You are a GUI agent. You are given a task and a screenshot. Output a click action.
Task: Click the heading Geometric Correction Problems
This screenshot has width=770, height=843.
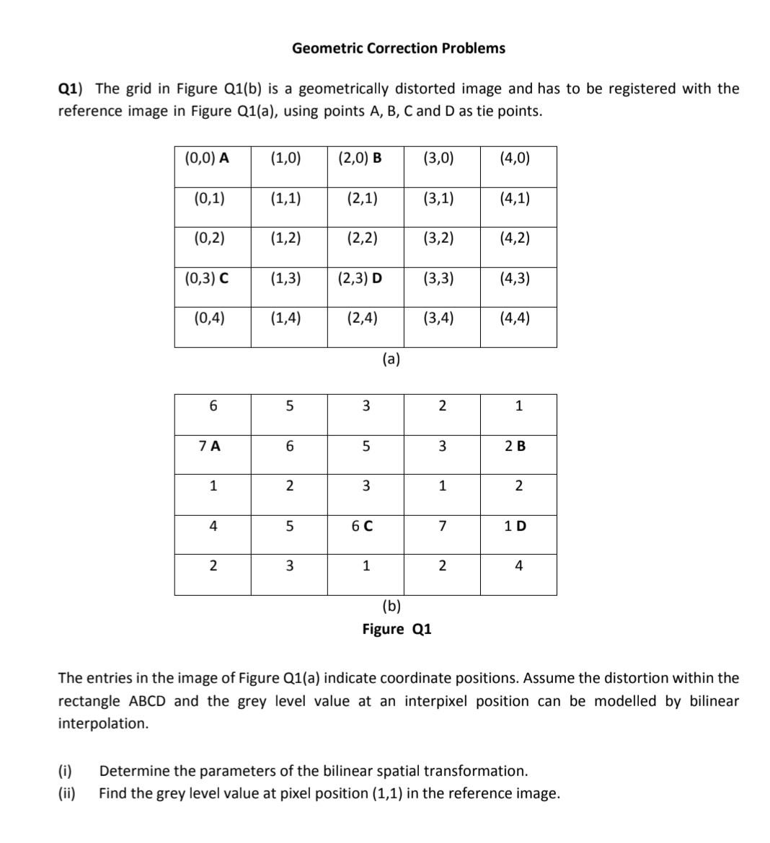[398, 48]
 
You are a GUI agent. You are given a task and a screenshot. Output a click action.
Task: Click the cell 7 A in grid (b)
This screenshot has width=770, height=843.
[210, 446]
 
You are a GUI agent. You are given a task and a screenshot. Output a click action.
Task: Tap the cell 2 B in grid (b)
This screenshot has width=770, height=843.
[515, 446]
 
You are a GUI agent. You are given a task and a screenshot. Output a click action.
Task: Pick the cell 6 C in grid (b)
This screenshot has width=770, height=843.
[362, 526]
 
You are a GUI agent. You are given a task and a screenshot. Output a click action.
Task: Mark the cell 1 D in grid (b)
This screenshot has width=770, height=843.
[515, 526]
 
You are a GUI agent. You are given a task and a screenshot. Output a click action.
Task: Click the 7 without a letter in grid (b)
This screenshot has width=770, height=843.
[442, 526]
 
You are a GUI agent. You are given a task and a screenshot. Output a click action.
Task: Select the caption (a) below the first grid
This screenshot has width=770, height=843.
[391, 359]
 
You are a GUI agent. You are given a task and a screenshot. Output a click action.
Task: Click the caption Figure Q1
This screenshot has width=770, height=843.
[397, 629]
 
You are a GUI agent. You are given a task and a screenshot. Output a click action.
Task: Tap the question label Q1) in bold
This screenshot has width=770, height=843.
[70, 89]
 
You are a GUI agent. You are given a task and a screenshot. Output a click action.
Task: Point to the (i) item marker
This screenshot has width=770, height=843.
[64, 771]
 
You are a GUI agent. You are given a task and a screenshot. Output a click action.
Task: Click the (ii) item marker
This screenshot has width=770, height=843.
[66, 793]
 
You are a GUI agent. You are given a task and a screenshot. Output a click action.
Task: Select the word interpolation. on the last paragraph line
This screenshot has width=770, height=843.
[103, 723]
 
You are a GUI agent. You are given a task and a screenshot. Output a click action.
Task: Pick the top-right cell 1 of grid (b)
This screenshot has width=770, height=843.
[518, 406]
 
